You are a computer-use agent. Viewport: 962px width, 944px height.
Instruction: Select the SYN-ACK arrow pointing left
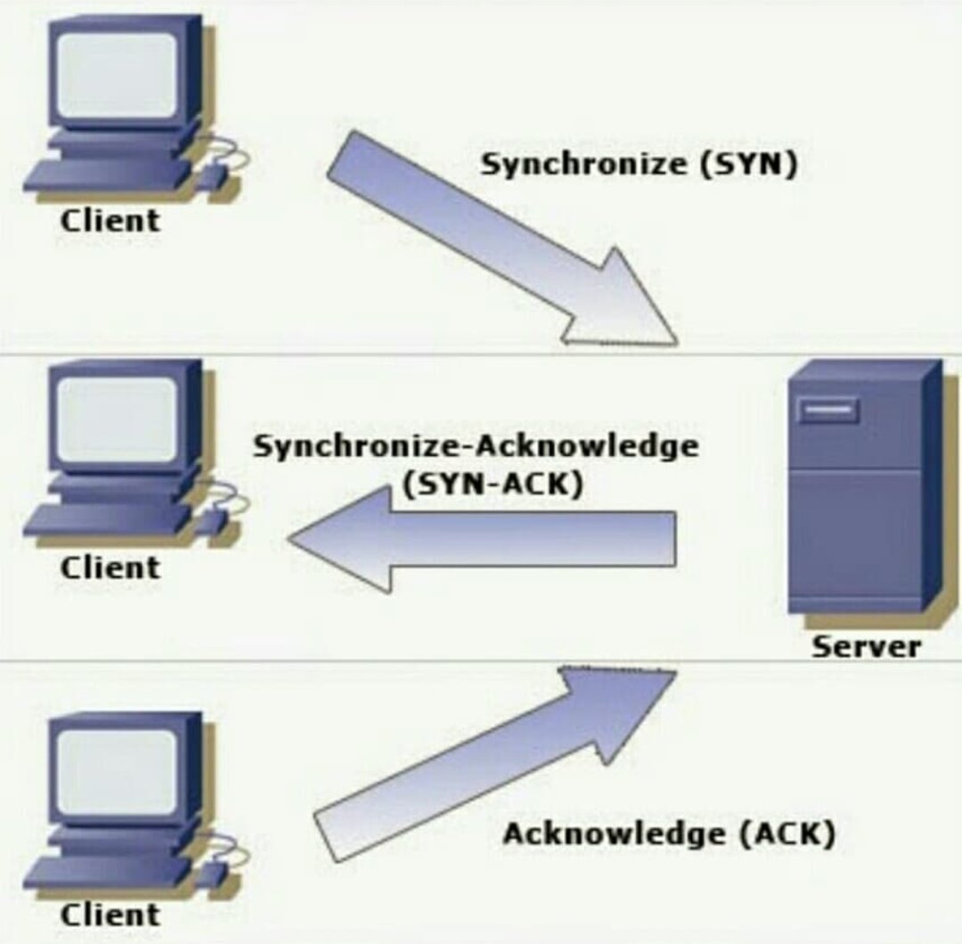point(481,539)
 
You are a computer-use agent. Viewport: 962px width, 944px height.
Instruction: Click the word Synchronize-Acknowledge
point(476,445)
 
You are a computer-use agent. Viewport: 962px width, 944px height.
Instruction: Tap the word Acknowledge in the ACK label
point(614,834)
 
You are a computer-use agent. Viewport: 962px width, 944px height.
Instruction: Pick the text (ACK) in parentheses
point(788,834)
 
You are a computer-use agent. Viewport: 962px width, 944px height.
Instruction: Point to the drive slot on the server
point(827,411)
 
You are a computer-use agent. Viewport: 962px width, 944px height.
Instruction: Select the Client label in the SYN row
point(110,220)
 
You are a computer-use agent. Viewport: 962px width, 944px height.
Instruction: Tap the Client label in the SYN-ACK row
point(110,567)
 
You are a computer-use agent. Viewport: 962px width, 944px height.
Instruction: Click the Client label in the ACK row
point(110,915)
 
